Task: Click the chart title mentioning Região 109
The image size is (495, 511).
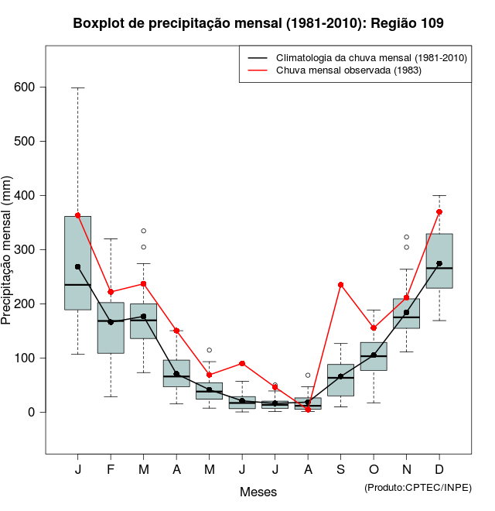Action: [258, 23]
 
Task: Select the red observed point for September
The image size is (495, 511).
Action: [340, 285]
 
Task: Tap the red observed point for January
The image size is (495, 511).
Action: [77, 215]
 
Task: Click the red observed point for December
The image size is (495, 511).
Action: [439, 211]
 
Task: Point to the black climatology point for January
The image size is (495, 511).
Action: [77, 266]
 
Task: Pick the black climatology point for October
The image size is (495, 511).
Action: [374, 355]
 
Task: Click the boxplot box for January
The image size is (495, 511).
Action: [77, 263]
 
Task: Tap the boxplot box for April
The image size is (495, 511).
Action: [176, 373]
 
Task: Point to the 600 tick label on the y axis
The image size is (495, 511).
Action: [25, 87]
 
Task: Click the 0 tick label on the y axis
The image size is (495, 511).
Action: [32, 413]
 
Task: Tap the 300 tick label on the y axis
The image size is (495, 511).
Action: [25, 250]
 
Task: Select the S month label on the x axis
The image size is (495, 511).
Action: [340, 471]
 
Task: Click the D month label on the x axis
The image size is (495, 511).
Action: [439, 471]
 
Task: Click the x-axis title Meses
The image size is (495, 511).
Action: [258, 492]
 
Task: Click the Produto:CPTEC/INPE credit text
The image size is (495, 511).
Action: [418, 487]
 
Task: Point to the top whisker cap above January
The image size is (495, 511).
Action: [77, 87]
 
